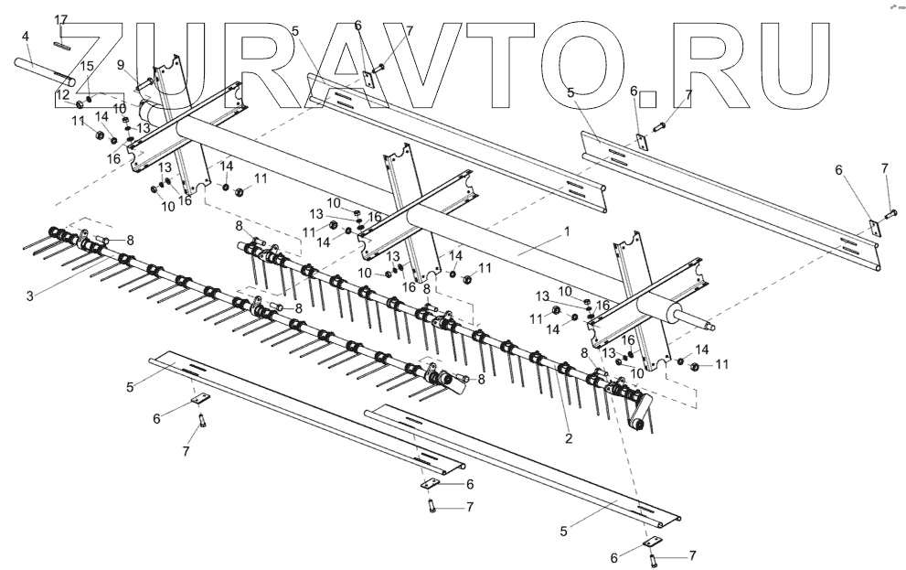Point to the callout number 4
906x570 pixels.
tap(26, 37)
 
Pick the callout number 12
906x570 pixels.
tap(63, 94)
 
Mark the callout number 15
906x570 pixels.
tap(88, 66)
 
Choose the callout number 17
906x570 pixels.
tap(61, 19)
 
